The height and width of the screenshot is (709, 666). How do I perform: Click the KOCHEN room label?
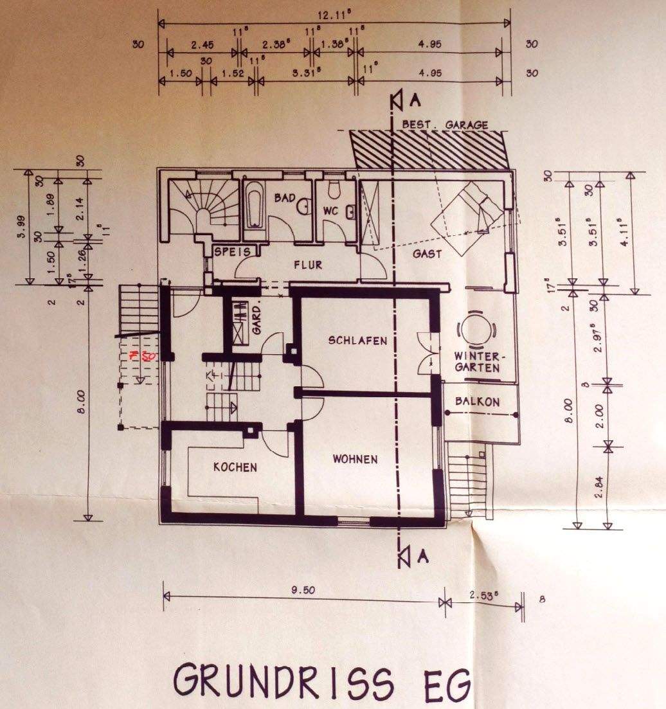click(x=235, y=467)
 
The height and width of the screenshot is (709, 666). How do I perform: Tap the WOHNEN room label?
click(x=355, y=459)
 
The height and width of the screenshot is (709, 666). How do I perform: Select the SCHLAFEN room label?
click(x=358, y=341)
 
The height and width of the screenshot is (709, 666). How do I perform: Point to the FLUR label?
click(x=308, y=265)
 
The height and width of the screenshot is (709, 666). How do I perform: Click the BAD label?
click(x=284, y=199)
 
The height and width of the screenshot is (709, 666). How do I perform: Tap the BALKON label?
click(x=476, y=402)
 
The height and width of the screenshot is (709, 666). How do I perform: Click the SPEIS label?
click(x=232, y=251)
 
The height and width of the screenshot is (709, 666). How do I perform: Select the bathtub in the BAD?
click(x=253, y=204)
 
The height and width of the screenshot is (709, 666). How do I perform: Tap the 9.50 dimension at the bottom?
click(x=301, y=591)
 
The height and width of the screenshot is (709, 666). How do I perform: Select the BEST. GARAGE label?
click(x=444, y=125)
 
